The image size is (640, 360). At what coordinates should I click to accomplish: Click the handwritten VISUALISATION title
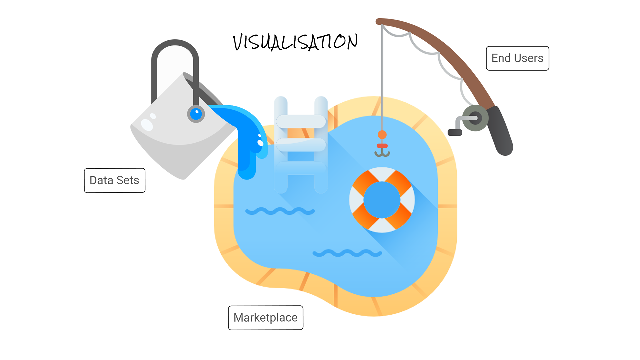[295, 42]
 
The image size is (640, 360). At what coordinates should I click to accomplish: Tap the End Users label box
[517, 58]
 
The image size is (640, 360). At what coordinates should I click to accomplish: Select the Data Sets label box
[114, 180]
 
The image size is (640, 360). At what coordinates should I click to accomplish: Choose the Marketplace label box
[265, 318]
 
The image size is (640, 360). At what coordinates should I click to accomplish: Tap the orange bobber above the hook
[382, 135]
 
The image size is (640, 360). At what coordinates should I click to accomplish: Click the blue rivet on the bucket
[196, 114]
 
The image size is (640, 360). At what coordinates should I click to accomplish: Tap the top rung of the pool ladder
[301, 121]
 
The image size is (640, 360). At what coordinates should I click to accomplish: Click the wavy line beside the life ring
[280, 211]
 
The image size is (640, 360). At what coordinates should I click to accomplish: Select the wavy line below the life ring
[347, 253]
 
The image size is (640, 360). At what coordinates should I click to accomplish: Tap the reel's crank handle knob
[455, 133]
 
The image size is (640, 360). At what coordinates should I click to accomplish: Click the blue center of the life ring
[382, 200]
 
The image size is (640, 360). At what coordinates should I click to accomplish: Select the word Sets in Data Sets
[128, 180]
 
